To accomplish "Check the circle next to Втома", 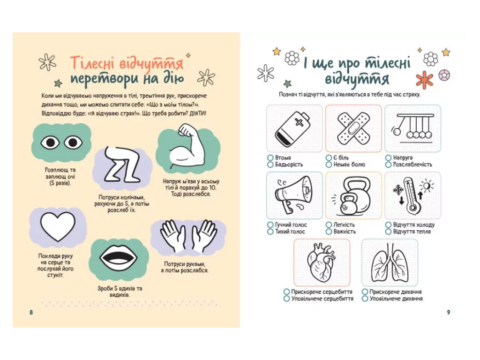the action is [x=270, y=157].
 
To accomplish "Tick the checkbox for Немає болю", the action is [x=329, y=165].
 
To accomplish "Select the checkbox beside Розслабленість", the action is [x=389, y=165].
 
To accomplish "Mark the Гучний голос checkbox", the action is [x=270, y=225].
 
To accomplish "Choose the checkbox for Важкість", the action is [x=329, y=232].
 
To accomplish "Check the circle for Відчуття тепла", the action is [x=389, y=232].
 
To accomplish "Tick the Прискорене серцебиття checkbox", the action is [x=286, y=292].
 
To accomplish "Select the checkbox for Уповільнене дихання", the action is [x=365, y=299].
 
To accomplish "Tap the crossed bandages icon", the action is [x=353, y=129].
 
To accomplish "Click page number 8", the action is [x=31, y=313].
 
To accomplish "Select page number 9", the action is [x=449, y=313].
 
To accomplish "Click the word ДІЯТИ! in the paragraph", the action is [x=197, y=113].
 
